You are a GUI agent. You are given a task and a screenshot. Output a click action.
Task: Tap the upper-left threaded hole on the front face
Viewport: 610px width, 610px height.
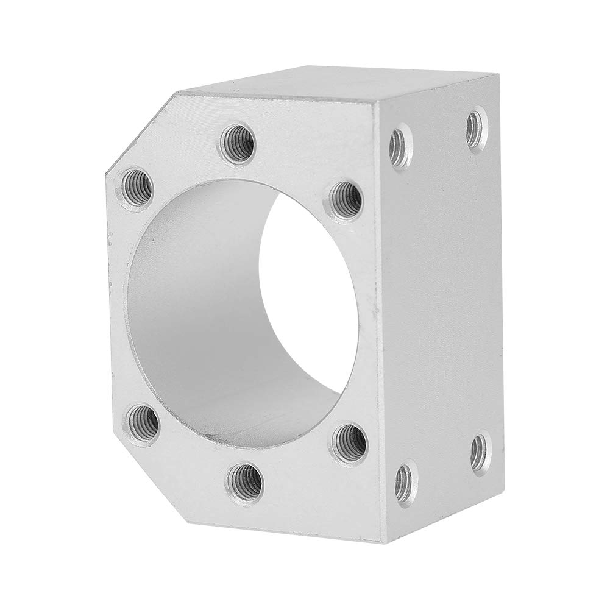coord(136,182)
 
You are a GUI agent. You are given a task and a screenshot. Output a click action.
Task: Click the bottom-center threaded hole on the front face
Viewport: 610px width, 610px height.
coord(246,479)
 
